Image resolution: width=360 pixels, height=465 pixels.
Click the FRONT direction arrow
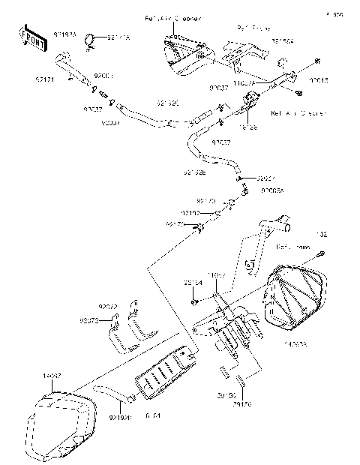tap(31, 38)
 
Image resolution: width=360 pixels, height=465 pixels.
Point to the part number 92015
tap(319, 77)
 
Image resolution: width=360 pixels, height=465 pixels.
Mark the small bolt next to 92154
tap(193, 301)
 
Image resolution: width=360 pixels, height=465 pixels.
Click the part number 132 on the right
tap(322, 234)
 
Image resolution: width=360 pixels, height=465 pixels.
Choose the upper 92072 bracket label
tap(109, 307)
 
